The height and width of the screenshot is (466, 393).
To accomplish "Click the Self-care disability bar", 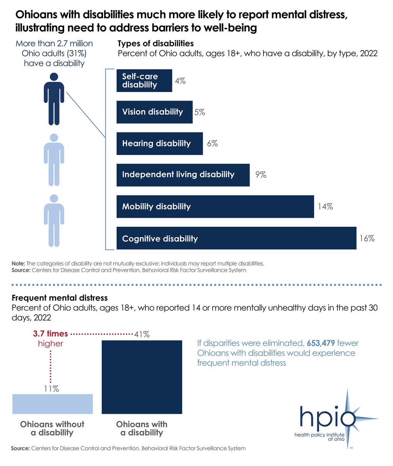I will click(144, 81).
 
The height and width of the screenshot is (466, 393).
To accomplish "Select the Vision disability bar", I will click(154, 112).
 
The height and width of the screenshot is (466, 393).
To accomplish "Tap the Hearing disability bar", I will click(159, 144).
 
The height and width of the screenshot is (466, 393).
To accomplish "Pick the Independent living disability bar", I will click(183, 175).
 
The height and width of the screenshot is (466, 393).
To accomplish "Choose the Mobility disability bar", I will click(215, 207).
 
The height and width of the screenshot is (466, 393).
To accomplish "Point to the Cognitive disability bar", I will click(236, 238).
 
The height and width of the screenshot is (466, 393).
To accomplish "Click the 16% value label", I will click(367, 238).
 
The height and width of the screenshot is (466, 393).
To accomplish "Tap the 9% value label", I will click(260, 175).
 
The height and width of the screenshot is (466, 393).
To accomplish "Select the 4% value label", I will click(180, 81).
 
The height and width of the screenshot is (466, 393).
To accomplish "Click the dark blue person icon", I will click(54, 99).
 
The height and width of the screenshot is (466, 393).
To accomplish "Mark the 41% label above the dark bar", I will click(141, 334).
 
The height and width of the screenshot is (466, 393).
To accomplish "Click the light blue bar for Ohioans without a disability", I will click(52, 404).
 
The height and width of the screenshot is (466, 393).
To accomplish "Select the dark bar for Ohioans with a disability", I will click(141, 377).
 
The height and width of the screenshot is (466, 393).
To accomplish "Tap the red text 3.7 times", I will click(51, 334).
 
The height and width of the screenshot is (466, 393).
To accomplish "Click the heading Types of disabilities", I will click(155, 43).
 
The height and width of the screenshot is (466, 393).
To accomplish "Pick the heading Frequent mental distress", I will click(59, 298).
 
